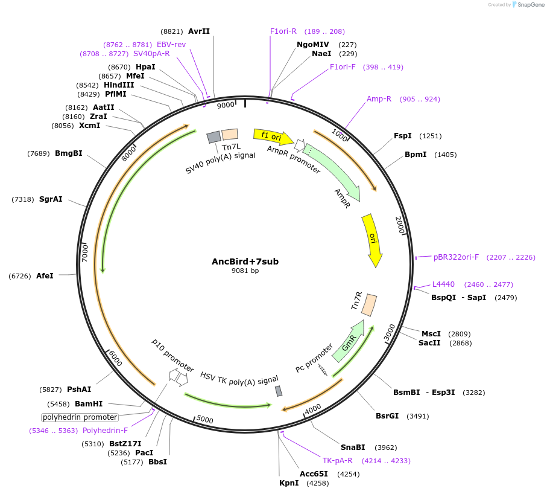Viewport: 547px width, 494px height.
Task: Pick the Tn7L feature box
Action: [x=230, y=135]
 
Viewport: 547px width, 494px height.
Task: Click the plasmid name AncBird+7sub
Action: [x=245, y=261]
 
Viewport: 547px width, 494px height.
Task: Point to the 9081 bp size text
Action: [x=245, y=271]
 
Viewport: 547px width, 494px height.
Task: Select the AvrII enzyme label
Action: [x=199, y=31]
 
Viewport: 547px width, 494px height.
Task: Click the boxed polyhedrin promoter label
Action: [x=80, y=417]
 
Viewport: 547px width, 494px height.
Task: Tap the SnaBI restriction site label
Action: [x=353, y=447]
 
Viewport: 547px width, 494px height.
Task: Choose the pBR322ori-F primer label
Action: [x=456, y=257]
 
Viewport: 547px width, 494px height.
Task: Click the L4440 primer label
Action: [x=443, y=284]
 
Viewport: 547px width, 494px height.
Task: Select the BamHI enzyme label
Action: [x=89, y=404]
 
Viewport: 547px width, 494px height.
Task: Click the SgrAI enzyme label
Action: [x=51, y=199]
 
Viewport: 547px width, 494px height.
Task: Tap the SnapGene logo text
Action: [x=528, y=5]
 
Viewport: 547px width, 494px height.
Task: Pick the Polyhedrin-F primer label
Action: [x=105, y=431]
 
